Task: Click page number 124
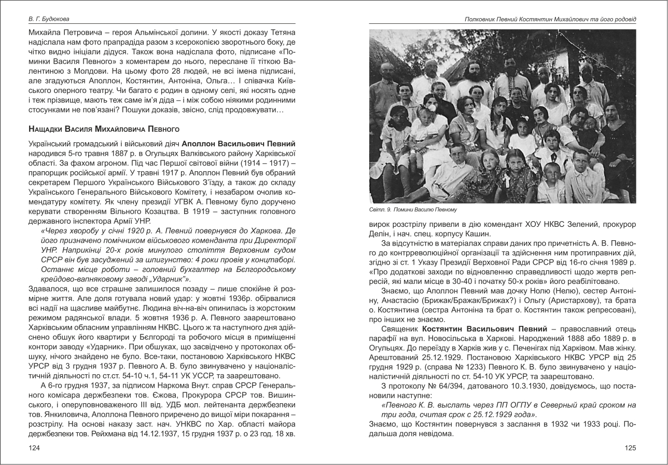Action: (34, 448)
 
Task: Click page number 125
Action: (630, 448)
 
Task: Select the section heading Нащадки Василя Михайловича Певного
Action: (104, 128)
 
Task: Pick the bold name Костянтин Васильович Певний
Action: (484, 329)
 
